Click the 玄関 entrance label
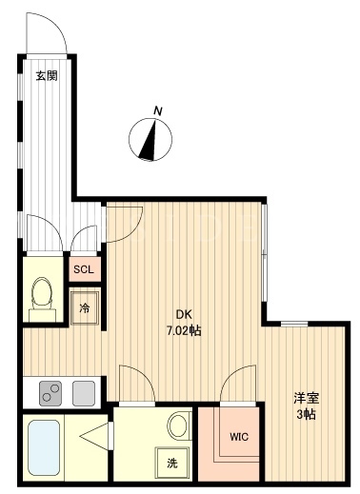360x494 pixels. (47, 76)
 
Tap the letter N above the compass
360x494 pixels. (158, 111)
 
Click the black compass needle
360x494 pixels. (150, 141)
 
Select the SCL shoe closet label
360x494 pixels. (84, 269)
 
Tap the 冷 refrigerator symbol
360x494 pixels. (85, 307)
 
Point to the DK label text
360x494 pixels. (184, 314)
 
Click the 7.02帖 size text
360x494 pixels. (184, 331)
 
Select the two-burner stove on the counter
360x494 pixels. (50, 393)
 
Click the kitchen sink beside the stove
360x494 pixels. (84, 393)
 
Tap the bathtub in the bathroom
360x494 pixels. (44, 447)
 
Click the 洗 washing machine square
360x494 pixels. (172, 464)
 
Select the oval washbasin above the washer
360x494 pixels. (179, 425)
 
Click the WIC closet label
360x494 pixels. (239, 437)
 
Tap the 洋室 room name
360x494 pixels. (306, 398)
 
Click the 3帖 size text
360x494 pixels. (306, 414)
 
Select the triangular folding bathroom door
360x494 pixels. (94, 437)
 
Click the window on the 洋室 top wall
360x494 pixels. (294, 324)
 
